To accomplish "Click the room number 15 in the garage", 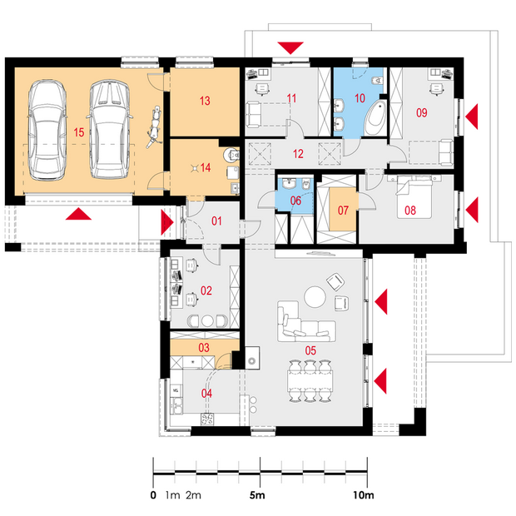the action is (x=79, y=132).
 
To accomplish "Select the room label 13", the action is (x=205, y=101).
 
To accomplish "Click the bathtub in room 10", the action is (x=375, y=118).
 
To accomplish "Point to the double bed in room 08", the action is (x=414, y=196).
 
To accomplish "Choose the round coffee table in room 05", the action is (x=315, y=297).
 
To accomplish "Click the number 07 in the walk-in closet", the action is (x=343, y=211).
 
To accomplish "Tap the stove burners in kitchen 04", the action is (x=207, y=419).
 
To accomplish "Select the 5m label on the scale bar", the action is (x=257, y=495).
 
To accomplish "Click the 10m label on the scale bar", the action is (x=364, y=495).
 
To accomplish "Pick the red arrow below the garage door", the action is (x=78, y=214).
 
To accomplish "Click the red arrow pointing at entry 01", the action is (x=167, y=223).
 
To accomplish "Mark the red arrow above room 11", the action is (x=290, y=48).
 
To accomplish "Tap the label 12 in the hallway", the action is (x=298, y=154).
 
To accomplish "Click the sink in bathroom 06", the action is (x=289, y=184).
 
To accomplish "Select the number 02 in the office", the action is (x=206, y=290).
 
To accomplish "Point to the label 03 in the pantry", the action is (x=204, y=348).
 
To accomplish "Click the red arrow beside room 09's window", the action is (x=472, y=117).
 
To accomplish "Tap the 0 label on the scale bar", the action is (x=153, y=495).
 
